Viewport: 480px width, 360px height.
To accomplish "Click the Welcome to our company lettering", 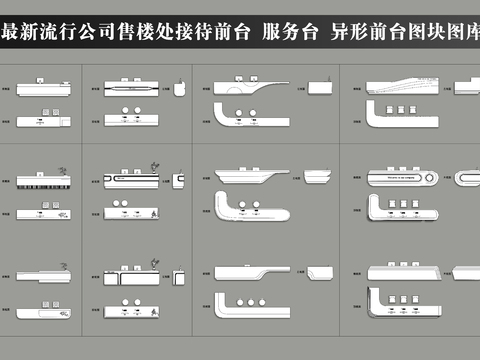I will click(394, 178).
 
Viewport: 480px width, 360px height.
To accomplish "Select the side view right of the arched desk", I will click(320, 87).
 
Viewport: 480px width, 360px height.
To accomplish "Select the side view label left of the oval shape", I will click(446, 179).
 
